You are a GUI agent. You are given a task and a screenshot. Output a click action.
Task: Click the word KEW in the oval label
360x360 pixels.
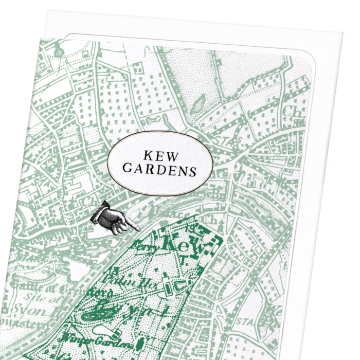tap(153, 155)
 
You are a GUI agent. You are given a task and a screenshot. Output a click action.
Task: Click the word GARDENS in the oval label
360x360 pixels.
tap(153, 171)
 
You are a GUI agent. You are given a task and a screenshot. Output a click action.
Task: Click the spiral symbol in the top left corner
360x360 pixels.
tap(58, 51)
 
